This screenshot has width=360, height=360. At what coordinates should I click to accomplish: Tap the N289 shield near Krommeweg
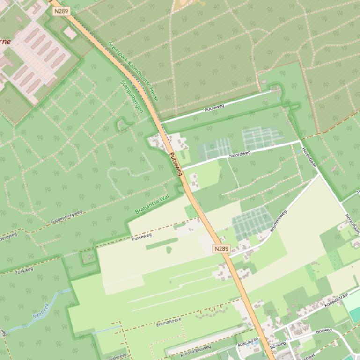tap(222, 249)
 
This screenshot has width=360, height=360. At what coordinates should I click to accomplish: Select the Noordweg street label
tap(240, 153)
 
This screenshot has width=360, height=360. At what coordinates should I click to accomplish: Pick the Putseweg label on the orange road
tap(175, 164)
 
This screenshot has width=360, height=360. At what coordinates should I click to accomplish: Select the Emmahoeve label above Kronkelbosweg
tap(168, 322)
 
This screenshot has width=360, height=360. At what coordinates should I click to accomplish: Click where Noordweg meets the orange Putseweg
tap(181, 169)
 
